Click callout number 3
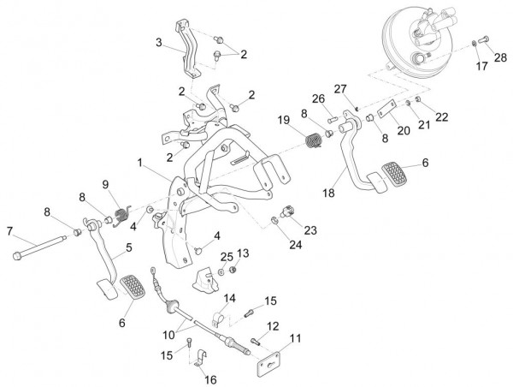click(158, 42)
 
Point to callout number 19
click(283, 120)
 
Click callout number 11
click(295, 339)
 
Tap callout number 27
click(339, 89)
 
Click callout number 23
click(310, 229)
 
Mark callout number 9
click(107, 184)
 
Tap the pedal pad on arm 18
click(393, 176)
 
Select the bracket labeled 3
click(190, 51)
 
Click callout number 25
click(227, 256)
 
